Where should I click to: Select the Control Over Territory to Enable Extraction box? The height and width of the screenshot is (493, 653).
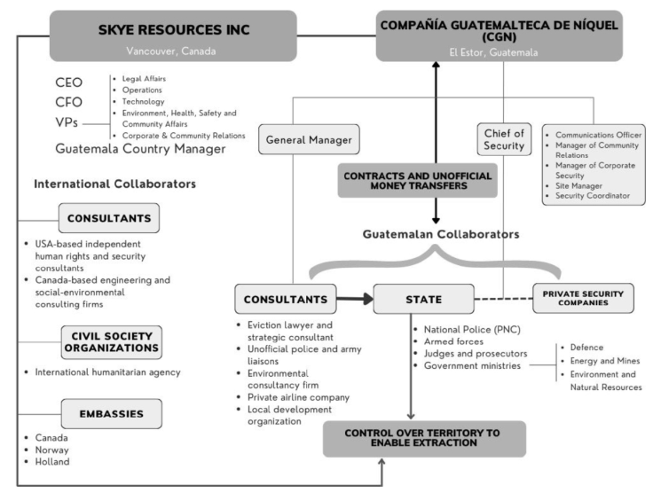[x=423, y=438]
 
